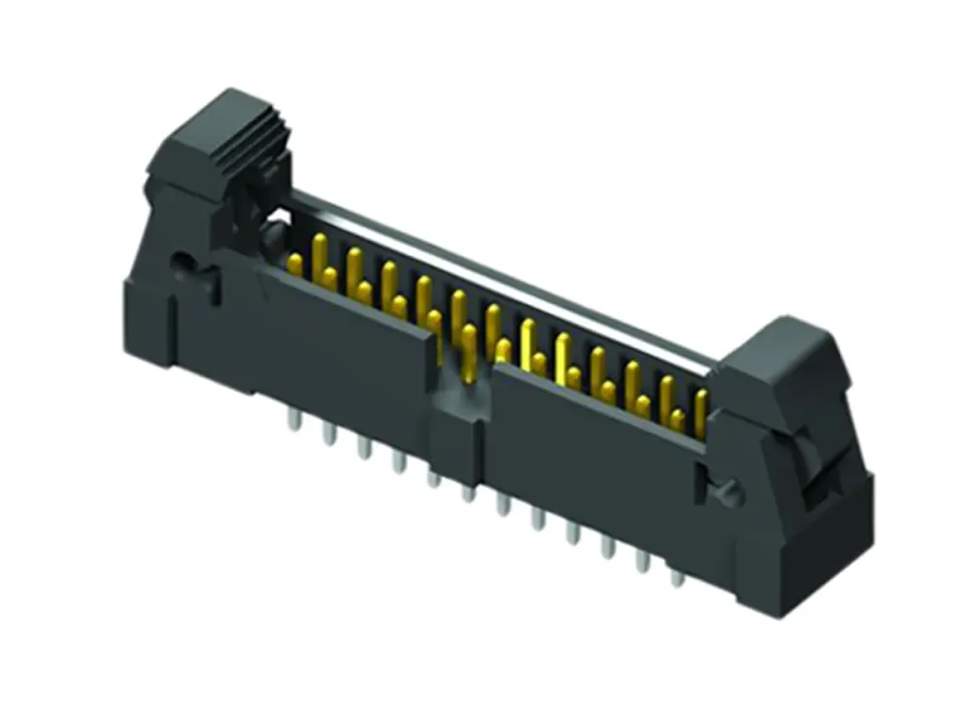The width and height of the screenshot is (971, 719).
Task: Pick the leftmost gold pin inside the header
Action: [295, 262]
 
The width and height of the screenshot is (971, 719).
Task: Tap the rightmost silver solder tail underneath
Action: [677, 577]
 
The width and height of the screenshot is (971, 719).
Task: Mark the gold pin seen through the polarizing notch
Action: [469, 350]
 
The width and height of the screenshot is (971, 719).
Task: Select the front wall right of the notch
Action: [592, 437]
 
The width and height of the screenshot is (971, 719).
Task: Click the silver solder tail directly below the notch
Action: [468, 492]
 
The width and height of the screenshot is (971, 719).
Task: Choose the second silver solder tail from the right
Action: [642, 563]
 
